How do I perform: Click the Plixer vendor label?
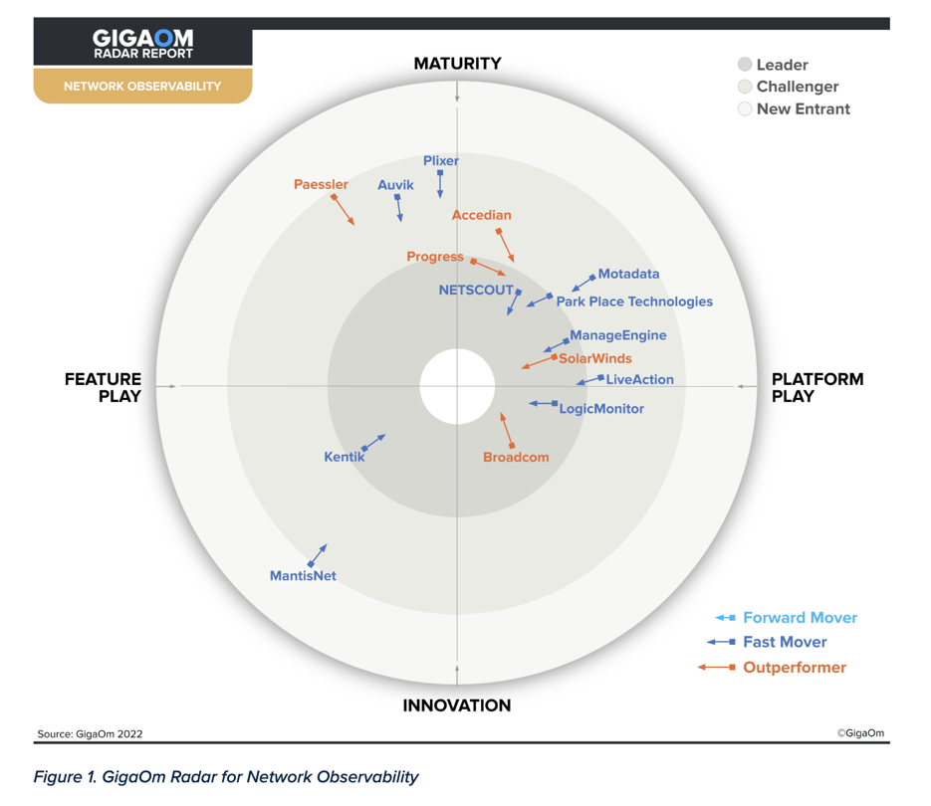tap(441, 160)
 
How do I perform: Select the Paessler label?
tap(321, 184)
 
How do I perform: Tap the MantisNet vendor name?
tap(303, 575)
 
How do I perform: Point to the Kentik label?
tap(345, 457)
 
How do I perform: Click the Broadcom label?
tap(516, 457)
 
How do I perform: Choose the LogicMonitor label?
tap(601, 408)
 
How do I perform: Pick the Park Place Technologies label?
tap(634, 301)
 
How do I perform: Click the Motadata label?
tap(628, 274)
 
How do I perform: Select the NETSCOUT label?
tap(476, 290)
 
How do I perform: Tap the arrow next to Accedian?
tap(505, 245)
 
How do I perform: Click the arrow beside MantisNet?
tap(319, 554)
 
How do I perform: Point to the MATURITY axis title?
tap(457, 64)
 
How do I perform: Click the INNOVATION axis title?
tap(457, 705)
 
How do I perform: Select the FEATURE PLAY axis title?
tap(104, 387)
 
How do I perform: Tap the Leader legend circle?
tap(745, 65)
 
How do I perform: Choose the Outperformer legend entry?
tap(794, 667)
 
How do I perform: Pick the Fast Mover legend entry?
tap(785, 642)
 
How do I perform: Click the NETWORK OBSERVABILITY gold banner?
tap(142, 86)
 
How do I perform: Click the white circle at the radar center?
tap(457, 386)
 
